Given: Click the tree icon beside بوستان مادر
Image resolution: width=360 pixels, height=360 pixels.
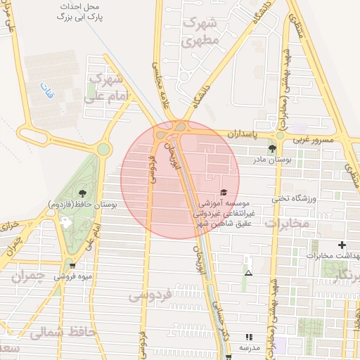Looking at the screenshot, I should [272, 148].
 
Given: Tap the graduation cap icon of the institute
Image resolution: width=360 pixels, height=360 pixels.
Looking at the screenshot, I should [224, 193].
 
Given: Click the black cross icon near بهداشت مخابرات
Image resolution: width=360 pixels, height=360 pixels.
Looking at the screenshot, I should [342, 245].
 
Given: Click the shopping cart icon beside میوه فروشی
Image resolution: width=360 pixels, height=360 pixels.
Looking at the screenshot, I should [72, 266].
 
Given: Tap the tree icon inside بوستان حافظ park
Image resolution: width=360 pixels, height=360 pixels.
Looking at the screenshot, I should [83, 192].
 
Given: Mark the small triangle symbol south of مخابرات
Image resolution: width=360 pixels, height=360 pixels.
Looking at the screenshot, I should [247, 272].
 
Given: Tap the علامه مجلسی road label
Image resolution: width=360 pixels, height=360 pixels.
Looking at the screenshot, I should [158, 79].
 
